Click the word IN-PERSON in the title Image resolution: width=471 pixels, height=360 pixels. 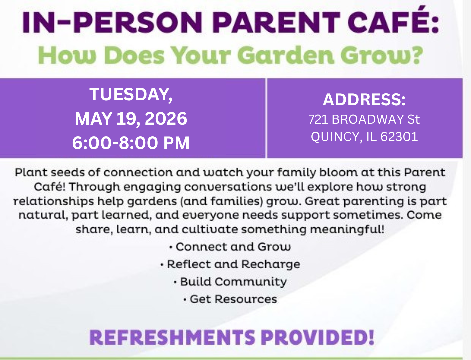click(112, 23)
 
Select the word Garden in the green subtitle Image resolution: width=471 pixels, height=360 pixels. click(286, 55)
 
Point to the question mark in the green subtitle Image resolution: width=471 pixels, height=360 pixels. click(417, 55)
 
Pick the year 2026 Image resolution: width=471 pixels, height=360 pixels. click(166, 119)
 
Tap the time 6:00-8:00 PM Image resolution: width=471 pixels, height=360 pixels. click(131, 143)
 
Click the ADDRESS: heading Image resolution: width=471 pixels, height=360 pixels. click(364, 100)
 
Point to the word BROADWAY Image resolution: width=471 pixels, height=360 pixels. click(368, 119)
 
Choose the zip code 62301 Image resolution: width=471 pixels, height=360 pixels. click(399, 137)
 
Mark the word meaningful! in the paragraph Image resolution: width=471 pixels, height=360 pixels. click(347, 230)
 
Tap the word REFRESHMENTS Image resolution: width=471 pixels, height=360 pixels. click(172, 337)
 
